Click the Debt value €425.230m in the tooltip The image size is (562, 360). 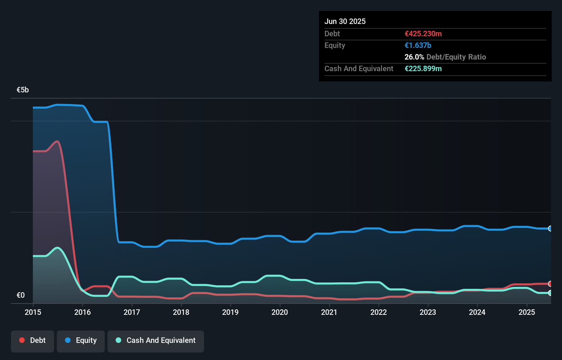pyautogui.click(x=423, y=34)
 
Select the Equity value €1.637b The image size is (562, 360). pyautogui.click(x=418, y=46)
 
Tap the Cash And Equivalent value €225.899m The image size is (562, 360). pyautogui.click(x=423, y=69)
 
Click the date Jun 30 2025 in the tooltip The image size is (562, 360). pyautogui.click(x=345, y=22)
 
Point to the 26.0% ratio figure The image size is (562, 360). pyautogui.click(x=414, y=57)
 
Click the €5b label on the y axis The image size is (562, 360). pyautogui.click(x=23, y=90)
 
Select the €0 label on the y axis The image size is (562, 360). pyautogui.click(x=21, y=295)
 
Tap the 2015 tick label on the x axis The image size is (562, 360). pyautogui.click(x=33, y=312)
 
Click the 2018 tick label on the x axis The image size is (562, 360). pyautogui.click(x=181, y=312)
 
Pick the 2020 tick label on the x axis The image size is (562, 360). pyautogui.click(x=280, y=312)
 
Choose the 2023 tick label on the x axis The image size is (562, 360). pyautogui.click(x=428, y=312)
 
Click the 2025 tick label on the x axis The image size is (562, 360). pyautogui.click(x=527, y=312)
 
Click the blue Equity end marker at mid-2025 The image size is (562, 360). pyautogui.click(x=550, y=229)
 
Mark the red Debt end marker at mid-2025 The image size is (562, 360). pyautogui.click(x=550, y=284)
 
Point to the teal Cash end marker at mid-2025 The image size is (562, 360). pyautogui.click(x=550, y=293)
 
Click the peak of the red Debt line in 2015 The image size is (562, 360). pyautogui.click(x=58, y=141)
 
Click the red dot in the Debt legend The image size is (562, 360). pyautogui.click(x=22, y=340)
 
